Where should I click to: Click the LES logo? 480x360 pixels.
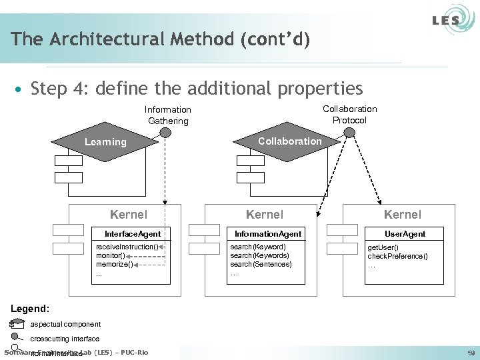point(445,20)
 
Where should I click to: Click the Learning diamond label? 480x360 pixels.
point(105,142)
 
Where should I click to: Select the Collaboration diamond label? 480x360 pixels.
point(289,141)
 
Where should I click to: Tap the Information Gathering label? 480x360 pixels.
point(168,115)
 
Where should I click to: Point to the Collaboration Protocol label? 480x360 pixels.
point(349,115)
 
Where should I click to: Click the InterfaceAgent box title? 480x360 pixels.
point(133,233)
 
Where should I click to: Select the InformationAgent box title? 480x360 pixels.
point(267,233)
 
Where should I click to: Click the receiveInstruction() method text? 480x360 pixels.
point(127,247)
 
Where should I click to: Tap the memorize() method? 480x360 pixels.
point(115,264)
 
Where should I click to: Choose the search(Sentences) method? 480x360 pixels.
point(261,264)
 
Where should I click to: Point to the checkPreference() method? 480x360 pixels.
point(398,256)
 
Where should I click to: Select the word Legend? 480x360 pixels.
point(30,309)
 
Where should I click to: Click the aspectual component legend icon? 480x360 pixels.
point(17,324)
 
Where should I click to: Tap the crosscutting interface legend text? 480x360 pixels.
point(65,339)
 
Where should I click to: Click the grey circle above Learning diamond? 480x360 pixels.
point(165,132)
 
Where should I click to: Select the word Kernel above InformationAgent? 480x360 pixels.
point(265,214)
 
